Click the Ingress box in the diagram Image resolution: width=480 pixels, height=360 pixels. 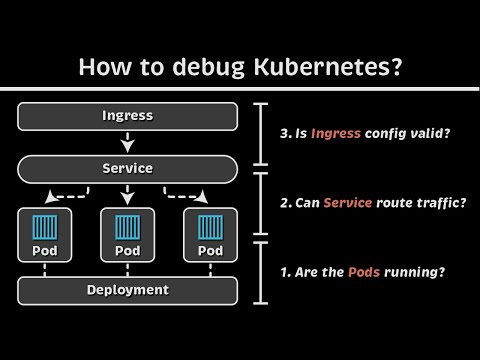coord(128,115)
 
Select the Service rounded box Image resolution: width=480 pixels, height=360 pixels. coord(128,168)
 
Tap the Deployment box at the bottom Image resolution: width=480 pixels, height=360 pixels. coord(128,290)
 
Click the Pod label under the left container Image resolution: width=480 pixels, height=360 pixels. coord(43,250)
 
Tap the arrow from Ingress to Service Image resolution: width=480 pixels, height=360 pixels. coord(128,141)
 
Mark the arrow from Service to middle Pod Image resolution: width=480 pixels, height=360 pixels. coord(128,194)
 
